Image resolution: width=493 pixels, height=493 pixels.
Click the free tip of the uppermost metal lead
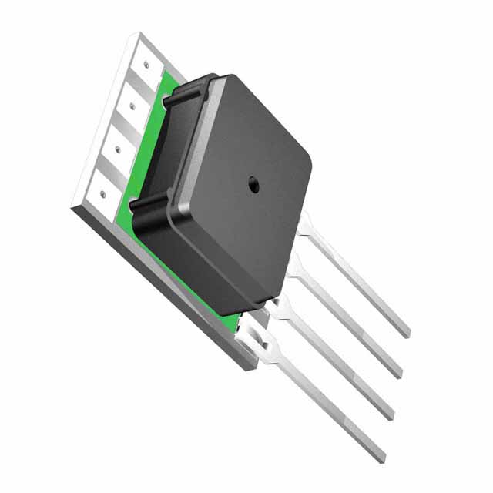(405, 332)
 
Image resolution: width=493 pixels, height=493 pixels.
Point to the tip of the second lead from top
(396, 374)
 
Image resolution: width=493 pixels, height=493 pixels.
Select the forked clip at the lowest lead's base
(257, 347)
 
